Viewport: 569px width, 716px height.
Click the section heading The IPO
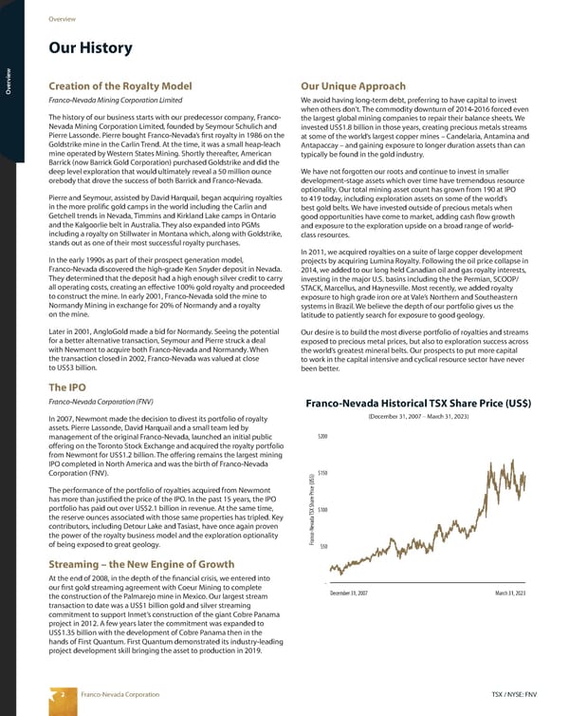tap(70, 414)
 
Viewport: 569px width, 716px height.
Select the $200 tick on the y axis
tap(323, 462)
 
